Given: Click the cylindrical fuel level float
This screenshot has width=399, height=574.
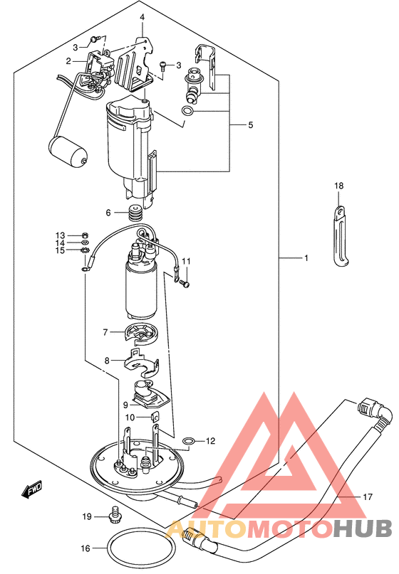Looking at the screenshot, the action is point(68,152).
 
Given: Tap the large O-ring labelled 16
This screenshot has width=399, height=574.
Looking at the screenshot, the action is point(108,548).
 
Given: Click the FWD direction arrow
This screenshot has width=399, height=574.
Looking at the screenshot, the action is point(32,489).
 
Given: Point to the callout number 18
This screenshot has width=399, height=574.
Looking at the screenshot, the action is point(339,186).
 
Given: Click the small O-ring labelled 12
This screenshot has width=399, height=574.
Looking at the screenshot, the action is point(188,442).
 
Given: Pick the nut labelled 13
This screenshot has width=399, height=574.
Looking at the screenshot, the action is point(85,235).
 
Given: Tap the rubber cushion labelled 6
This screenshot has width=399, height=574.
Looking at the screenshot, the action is point(135,213).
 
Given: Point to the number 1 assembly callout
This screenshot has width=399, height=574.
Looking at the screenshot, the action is point(306,258).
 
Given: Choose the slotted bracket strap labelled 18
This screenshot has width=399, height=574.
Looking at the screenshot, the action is point(340,235).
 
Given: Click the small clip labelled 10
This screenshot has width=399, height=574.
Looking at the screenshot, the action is point(155,417).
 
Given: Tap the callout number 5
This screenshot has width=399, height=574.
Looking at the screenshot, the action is point(251,125).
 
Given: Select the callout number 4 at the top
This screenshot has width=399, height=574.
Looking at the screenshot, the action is point(142,17).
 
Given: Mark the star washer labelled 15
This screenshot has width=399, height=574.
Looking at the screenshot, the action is point(85,250).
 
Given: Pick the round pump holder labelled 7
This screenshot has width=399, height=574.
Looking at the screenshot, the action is point(142,334).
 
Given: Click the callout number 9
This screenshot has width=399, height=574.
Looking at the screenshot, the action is point(125,405).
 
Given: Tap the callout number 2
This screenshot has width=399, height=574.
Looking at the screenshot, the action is point(68,61).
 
